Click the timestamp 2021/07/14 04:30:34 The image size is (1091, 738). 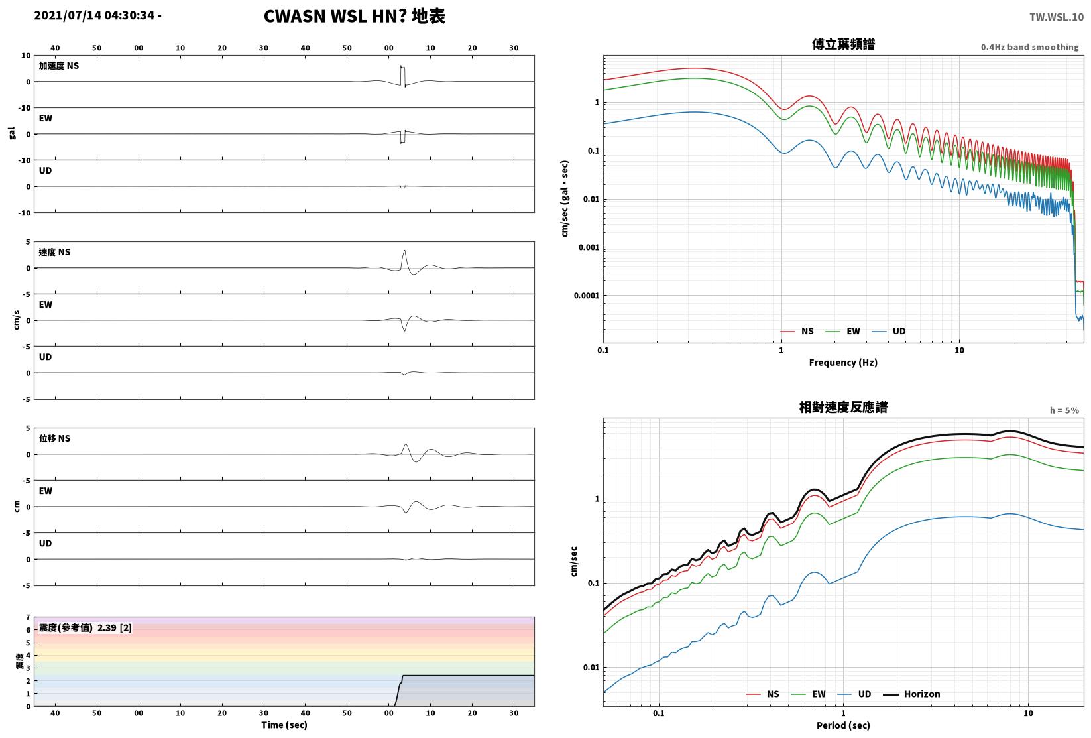(x=94, y=15)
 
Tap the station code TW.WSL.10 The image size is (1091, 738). (x=1057, y=17)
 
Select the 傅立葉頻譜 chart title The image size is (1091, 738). (x=843, y=44)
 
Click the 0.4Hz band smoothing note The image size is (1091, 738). (x=1029, y=47)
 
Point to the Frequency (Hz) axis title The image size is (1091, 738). (x=843, y=363)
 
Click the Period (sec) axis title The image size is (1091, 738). (x=843, y=725)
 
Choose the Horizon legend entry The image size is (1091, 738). (x=912, y=694)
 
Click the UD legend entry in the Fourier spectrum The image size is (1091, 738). (x=889, y=332)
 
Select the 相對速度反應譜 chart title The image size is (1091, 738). (x=843, y=407)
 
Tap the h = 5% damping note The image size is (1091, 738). (x=1064, y=410)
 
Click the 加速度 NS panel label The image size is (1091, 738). (x=59, y=66)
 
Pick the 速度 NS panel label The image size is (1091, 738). (x=54, y=252)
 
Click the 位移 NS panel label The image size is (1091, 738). (x=54, y=438)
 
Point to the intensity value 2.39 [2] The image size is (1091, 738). (x=115, y=627)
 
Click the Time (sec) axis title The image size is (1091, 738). (x=284, y=725)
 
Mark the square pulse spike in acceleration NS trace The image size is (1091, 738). (x=403, y=76)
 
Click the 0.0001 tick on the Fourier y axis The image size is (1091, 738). (x=587, y=296)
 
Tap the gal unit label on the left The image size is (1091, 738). (x=12, y=133)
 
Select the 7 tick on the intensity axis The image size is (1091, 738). (x=29, y=617)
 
